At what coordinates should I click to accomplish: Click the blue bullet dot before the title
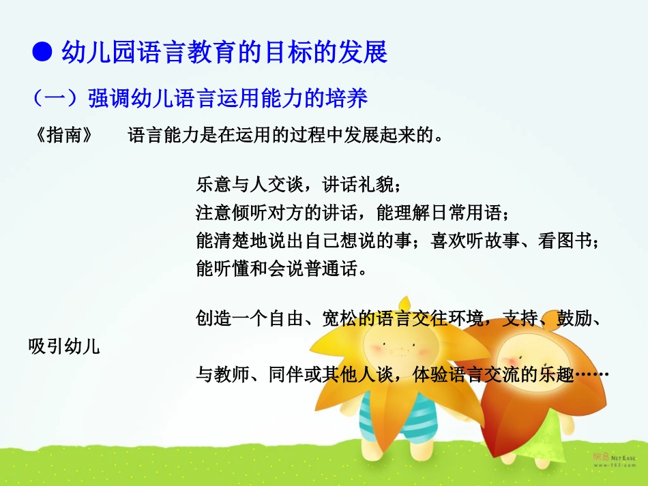click(43, 51)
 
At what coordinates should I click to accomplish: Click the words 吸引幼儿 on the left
click(64, 346)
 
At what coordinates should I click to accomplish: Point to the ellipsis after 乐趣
click(591, 375)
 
